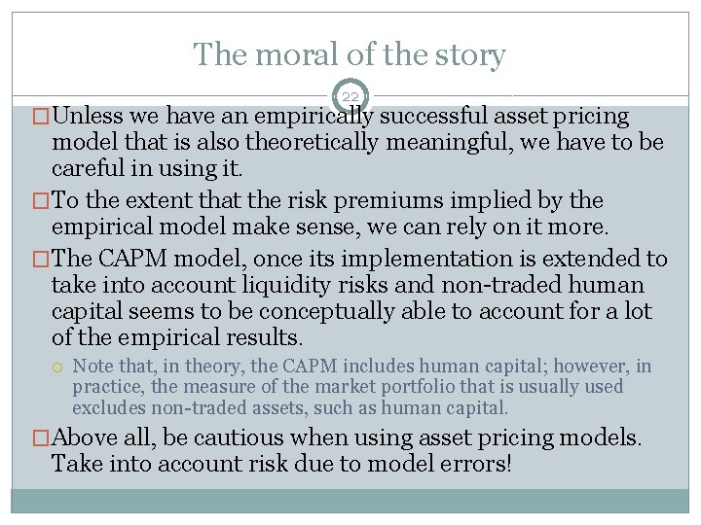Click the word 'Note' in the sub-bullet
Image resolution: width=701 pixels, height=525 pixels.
click(92, 367)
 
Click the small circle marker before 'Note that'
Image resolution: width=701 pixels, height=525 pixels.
click(59, 367)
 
